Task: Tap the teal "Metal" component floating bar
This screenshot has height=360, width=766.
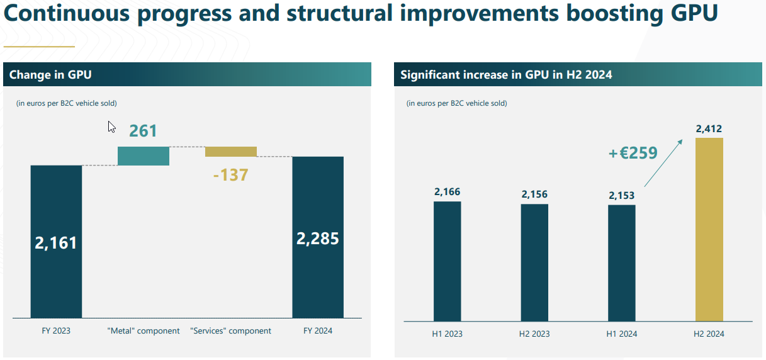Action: click(x=144, y=156)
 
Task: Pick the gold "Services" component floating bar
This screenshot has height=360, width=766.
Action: click(x=231, y=152)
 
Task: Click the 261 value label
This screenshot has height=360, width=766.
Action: click(x=143, y=131)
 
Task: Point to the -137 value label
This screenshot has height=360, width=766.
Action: click(x=231, y=174)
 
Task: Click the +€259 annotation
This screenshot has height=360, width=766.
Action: click(x=633, y=153)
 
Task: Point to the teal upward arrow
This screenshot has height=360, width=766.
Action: click(x=665, y=162)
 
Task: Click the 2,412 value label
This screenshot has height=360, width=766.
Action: click(x=709, y=129)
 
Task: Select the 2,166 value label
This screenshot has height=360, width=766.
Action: click(x=448, y=191)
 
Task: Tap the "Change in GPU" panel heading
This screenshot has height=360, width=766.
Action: click(x=50, y=75)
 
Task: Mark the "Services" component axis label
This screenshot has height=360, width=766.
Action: click(x=230, y=330)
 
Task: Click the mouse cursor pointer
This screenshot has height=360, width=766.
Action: click(x=111, y=127)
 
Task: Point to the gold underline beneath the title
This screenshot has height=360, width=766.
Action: click(x=39, y=46)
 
